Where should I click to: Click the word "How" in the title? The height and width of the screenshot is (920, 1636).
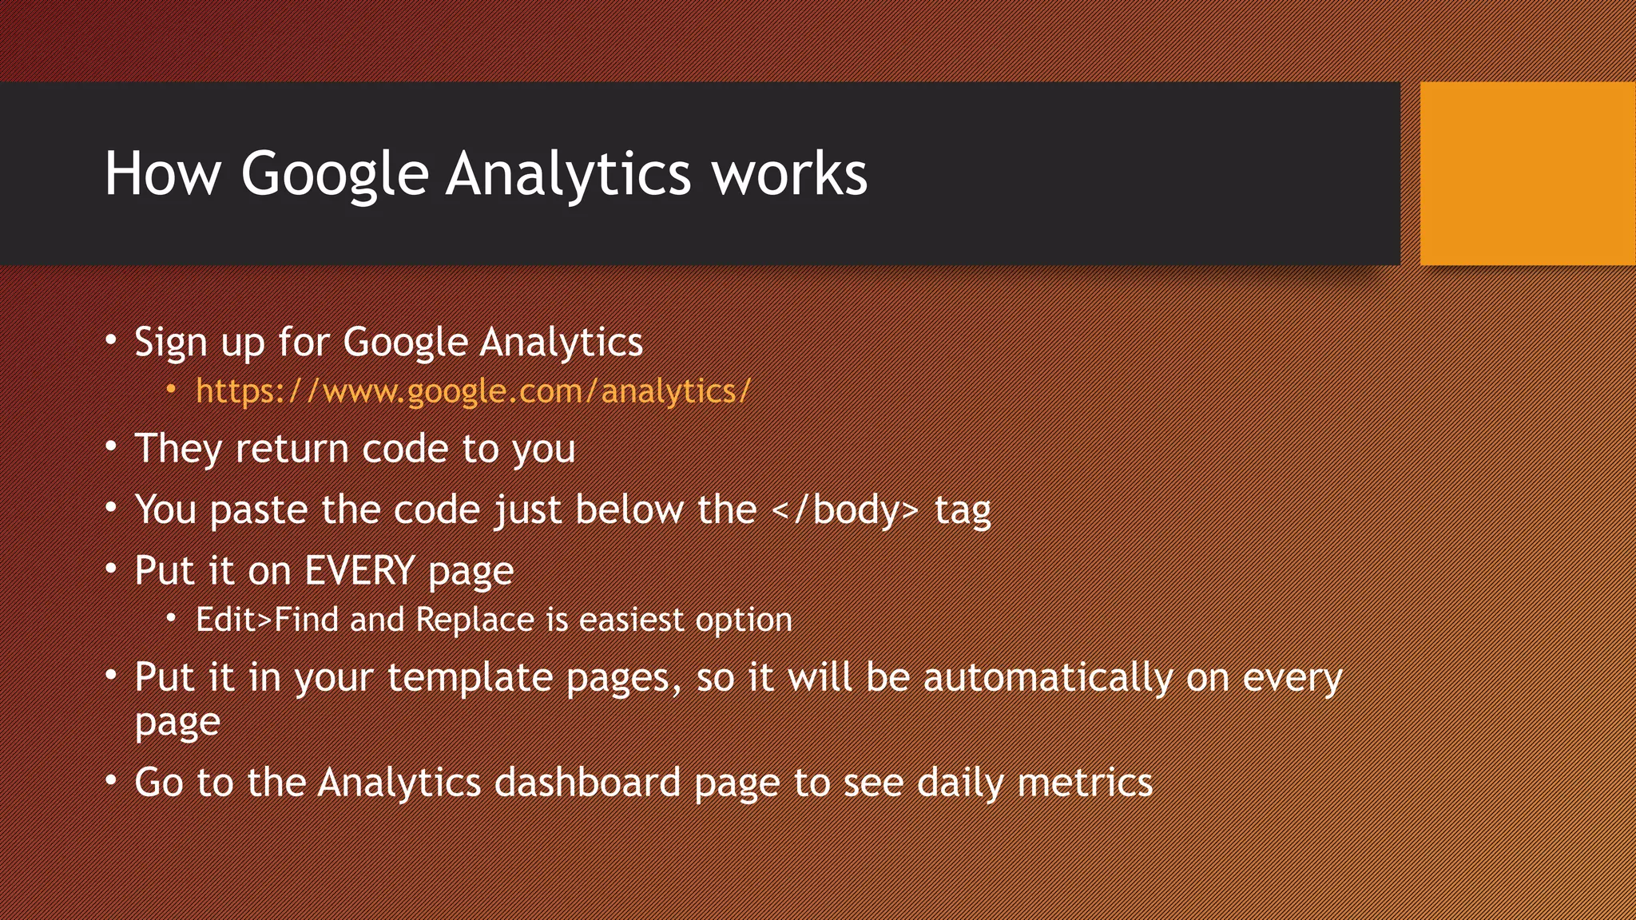(162, 173)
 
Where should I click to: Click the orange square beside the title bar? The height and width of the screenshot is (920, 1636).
(1527, 173)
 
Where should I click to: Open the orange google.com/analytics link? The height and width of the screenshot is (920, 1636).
(473, 391)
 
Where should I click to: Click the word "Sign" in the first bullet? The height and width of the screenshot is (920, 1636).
(171, 343)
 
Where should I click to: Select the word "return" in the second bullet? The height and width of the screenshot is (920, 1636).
(292, 449)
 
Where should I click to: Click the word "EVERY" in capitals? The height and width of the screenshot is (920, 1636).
(359, 571)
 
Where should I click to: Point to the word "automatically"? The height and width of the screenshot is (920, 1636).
(1048, 677)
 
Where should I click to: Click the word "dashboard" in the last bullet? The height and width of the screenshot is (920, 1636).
(587, 783)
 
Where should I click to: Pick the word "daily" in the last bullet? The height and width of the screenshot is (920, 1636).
(960, 783)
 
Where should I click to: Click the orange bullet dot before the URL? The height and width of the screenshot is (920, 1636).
(171, 390)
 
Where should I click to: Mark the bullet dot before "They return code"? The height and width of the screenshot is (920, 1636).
(111, 446)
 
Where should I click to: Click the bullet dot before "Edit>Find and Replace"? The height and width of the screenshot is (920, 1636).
(171, 618)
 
